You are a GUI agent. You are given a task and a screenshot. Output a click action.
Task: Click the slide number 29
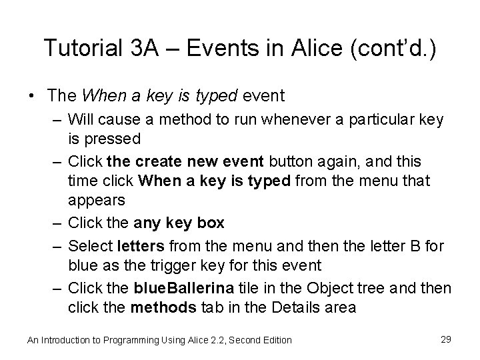click(446, 339)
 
